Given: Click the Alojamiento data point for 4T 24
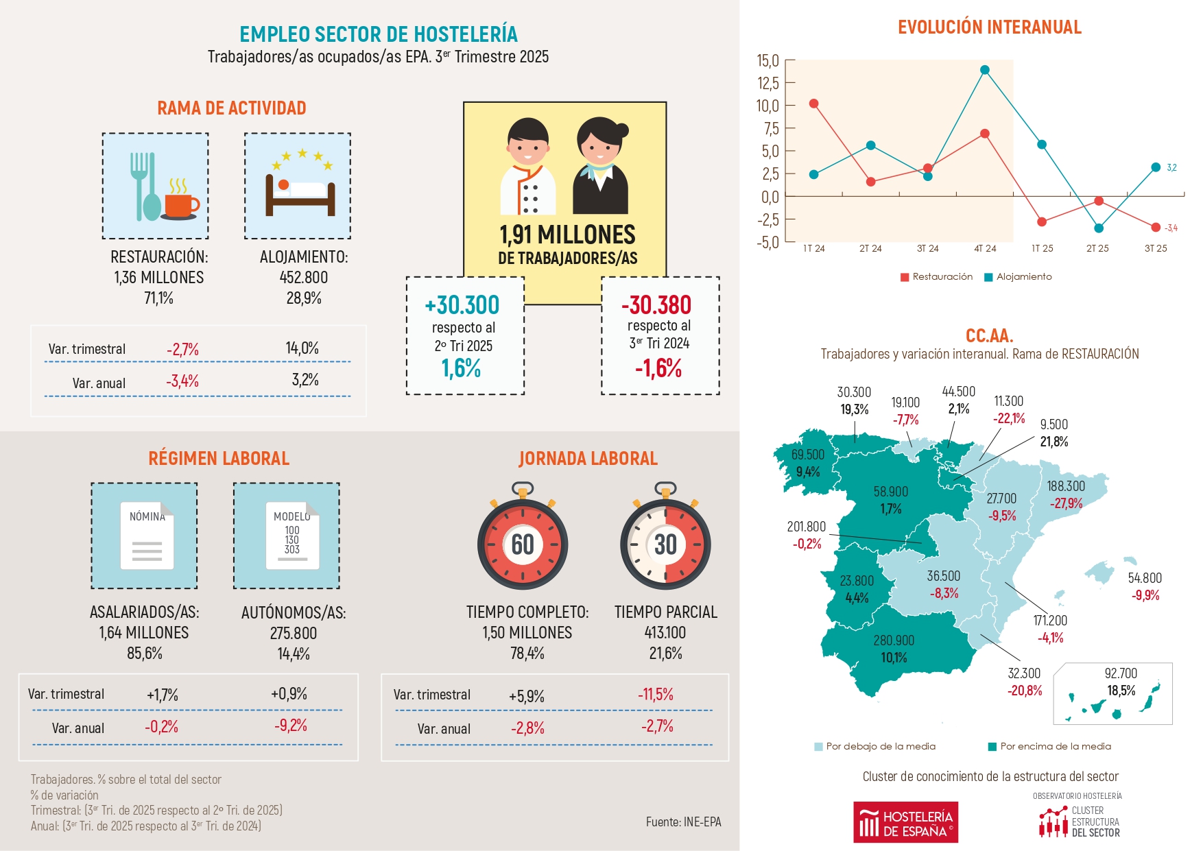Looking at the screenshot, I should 985,70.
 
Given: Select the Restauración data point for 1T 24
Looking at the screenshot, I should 814,104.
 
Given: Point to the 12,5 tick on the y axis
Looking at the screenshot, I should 768,83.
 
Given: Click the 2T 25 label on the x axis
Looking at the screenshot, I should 1097,248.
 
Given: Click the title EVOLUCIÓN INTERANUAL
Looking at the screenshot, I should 989,27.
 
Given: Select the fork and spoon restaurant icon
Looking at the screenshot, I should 156,186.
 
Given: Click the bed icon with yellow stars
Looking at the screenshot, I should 298,186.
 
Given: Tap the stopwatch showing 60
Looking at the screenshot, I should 523,540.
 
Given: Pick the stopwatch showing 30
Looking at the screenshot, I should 665,540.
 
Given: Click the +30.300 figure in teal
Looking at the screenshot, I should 462,305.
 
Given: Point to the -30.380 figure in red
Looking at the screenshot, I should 656,305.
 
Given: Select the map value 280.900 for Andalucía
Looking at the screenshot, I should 894,640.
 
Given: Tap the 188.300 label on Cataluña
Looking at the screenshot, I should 1066,486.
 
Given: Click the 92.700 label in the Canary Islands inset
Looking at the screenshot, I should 1121,673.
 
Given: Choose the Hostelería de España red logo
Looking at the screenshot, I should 905,822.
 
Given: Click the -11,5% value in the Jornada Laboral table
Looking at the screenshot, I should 656,694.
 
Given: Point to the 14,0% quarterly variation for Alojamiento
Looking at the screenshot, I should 302,348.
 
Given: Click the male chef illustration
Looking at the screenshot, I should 528,167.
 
